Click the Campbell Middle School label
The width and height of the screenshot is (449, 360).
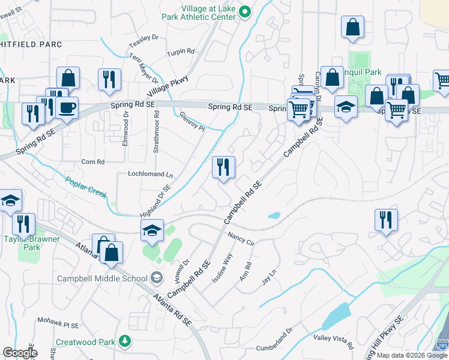tap(102, 278)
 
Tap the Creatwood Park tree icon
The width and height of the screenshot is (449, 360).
tap(125, 341)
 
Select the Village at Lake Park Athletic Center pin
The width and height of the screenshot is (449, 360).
tap(244, 11)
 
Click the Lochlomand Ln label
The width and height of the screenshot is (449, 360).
tap(150, 175)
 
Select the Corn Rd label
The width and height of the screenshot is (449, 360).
tap(93, 162)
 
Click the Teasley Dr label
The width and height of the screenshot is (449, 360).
tap(143, 41)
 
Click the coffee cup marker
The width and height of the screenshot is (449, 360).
tap(67, 107)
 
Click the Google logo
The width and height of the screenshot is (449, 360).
tap(20, 353)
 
